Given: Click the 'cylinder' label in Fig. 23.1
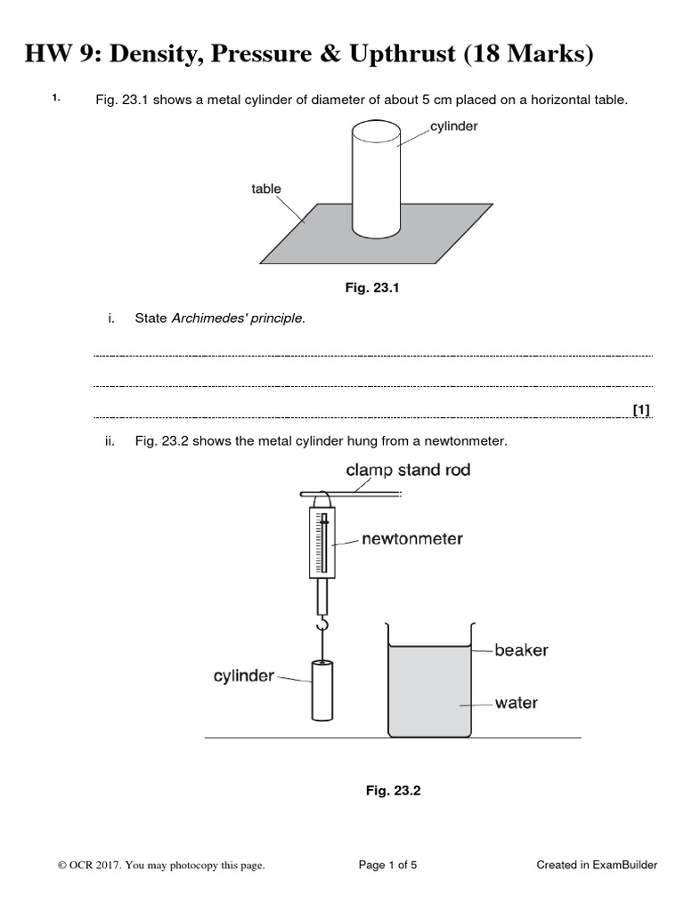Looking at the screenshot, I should [454, 126].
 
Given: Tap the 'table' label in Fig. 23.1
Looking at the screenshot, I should [266, 189].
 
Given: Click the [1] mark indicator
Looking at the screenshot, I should [641, 410].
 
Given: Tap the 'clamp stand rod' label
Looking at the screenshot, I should [408, 471].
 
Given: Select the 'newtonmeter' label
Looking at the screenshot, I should [412, 539].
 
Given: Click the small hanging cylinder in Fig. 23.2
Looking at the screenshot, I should [322, 689].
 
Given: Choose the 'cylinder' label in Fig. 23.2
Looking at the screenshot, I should [244, 676].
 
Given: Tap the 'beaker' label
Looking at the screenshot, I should [522, 650].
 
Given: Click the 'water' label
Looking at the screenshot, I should [517, 703].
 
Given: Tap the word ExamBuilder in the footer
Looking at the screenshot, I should [623, 864].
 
